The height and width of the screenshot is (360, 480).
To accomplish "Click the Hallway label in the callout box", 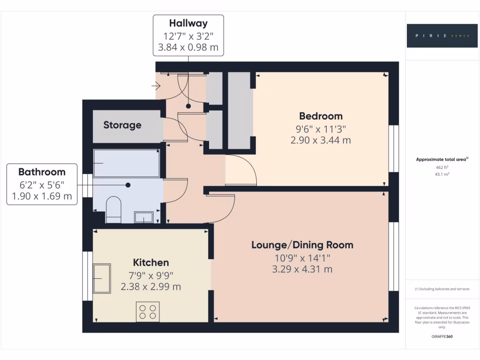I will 188,23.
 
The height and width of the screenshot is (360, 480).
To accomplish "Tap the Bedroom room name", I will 321,116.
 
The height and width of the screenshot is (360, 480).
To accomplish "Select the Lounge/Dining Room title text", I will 302,245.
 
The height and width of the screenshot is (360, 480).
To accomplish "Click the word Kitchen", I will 151,262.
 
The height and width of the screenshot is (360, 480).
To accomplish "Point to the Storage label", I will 122,125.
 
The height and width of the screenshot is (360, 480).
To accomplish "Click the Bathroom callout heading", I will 42,172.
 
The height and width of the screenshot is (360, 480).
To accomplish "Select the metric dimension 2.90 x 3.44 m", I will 321,140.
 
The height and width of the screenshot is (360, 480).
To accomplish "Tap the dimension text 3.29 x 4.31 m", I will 302,269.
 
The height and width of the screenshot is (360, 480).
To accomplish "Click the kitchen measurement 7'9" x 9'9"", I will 151,275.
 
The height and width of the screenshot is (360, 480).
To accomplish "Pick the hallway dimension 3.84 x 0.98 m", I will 188,47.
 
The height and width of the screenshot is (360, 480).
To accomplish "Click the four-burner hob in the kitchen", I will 148,311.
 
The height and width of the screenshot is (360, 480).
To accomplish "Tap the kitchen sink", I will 102,278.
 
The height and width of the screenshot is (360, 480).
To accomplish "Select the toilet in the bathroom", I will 113,210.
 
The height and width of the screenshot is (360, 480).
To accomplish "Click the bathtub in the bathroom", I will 126,163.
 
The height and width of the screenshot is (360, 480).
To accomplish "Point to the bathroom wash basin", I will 143,217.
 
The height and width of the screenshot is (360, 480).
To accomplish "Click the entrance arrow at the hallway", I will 157,86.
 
